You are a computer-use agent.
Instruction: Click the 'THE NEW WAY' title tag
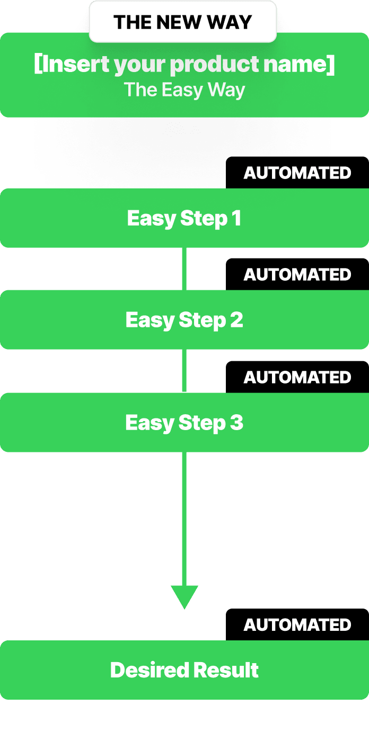point(183,22)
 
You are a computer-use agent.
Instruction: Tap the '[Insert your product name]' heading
point(184,65)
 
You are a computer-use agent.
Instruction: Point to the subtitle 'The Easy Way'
point(184,90)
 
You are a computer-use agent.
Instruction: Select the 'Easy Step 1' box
point(184,218)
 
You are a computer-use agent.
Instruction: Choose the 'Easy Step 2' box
point(184,319)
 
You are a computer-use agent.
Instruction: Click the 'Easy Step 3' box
point(184,423)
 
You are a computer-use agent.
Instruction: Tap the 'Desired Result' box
point(184,670)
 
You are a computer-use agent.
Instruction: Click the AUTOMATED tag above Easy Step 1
point(297,173)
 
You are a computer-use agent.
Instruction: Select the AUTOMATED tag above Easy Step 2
point(297,274)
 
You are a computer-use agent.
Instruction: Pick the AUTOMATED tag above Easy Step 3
point(297,377)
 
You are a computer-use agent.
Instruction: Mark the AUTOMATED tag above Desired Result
point(297,624)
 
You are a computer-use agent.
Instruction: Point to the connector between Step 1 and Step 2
point(184,269)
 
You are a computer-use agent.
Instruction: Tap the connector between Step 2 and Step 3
point(184,371)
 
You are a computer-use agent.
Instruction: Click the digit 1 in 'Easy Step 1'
point(236,218)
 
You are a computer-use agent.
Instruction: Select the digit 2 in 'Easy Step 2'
point(236,319)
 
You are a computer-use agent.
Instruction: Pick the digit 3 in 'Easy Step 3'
point(236,423)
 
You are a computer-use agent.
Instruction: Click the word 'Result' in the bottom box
point(226,670)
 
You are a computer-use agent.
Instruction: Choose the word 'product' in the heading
point(215,65)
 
